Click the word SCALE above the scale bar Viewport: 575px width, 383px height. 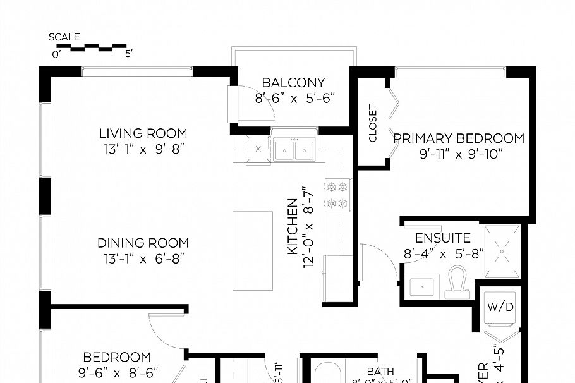[x=64, y=37]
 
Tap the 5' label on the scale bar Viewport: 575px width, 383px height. [x=128, y=54]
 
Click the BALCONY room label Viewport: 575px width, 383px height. [x=293, y=83]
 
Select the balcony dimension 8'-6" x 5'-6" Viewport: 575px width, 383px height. [x=294, y=98]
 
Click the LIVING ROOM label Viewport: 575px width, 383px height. [x=143, y=133]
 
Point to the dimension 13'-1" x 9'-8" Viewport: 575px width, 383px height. [x=143, y=149]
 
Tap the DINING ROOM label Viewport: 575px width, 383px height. [x=143, y=243]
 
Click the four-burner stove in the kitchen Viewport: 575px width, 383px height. [x=337, y=195]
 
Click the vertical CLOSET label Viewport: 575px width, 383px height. [x=373, y=123]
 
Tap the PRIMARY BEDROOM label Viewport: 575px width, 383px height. [x=459, y=138]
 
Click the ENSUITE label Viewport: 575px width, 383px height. [x=442, y=238]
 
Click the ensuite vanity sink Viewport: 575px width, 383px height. [x=420, y=286]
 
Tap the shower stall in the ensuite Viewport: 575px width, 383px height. [x=502, y=251]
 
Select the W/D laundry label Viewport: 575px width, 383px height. [x=500, y=307]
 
